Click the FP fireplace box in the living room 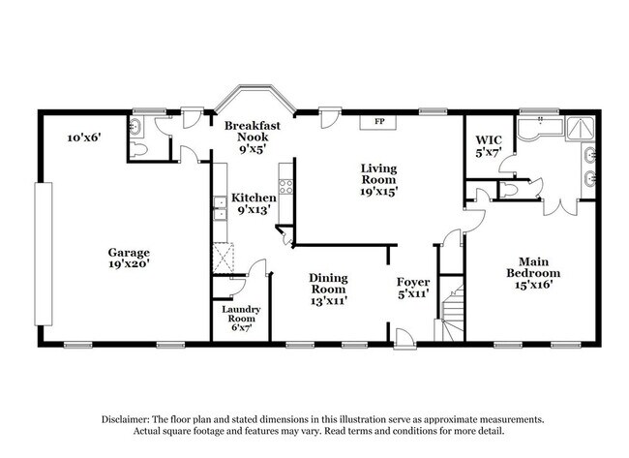[377, 122]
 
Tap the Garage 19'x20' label [129, 259]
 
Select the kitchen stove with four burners [286, 187]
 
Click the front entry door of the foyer [404, 338]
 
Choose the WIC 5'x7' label [489, 146]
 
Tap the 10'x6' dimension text [84, 137]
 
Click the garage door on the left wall [44, 254]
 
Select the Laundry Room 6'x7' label [241, 319]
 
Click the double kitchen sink [220, 209]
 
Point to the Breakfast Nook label [253, 132]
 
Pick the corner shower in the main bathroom [580, 128]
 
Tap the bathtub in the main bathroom [540, 128]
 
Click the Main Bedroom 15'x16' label [533, 273]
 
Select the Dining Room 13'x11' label [329, 289]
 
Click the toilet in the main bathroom [508, 190]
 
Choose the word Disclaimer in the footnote [126, 419]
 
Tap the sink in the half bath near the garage [135, 127]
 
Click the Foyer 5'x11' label [413, 288]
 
